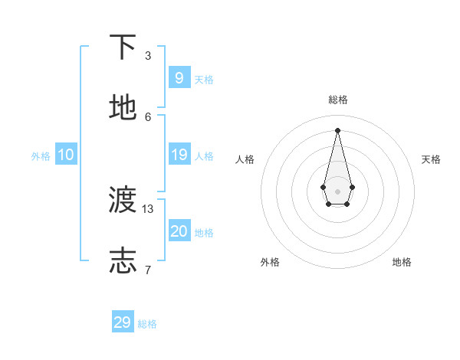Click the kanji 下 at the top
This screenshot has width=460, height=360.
pos(123,47)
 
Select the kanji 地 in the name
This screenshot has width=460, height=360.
pos(123,108)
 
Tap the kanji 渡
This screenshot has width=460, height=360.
pos(123,200)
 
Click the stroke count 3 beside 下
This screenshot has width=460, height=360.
pos(148,55)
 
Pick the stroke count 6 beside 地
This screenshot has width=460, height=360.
pos(148,116)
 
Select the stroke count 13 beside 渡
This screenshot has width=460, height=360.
pos(148,208)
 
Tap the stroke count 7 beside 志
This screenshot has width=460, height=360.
pos(148,270)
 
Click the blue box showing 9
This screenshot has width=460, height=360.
pos(179,77)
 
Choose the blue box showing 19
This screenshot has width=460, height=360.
pos(179,155)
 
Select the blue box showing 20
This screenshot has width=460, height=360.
pos(179,231)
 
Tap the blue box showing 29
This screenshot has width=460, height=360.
pos(123,322)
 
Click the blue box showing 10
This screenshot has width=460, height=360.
pos(66,155)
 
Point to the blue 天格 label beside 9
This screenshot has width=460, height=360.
pos(204,79)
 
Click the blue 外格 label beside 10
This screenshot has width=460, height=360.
pos(41,156)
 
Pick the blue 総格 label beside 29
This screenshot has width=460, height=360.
pos(147,324)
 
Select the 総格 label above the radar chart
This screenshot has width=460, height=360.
pos(338,100)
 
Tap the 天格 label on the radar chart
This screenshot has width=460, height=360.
pos(431,159)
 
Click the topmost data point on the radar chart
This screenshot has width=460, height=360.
pos(337,129)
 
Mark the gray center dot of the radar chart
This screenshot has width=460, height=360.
pos(337,191)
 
